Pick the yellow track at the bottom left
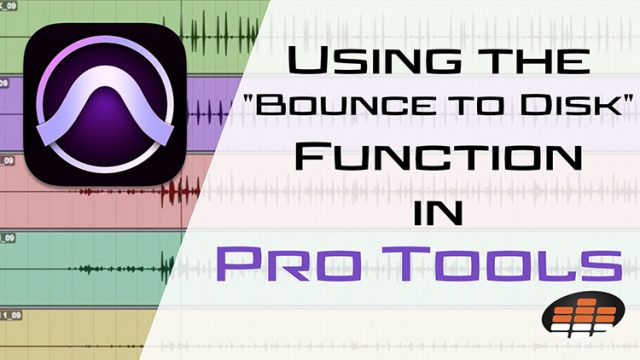(x=60, y=330)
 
